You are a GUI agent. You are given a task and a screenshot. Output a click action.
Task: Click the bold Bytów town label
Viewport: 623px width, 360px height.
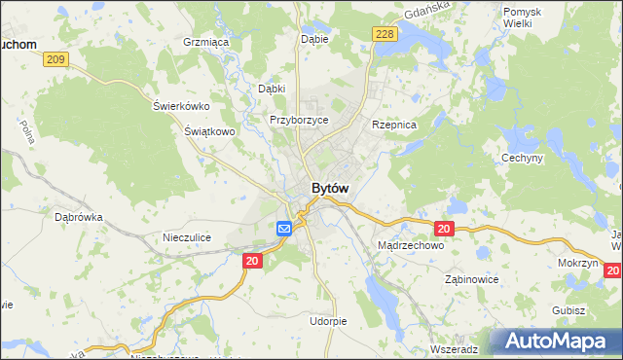[x=330, y=188]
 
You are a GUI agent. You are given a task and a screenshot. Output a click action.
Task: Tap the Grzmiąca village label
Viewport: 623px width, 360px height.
[x=205, y=43]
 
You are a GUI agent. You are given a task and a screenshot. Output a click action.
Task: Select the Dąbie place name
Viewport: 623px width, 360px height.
[x=314, y=39]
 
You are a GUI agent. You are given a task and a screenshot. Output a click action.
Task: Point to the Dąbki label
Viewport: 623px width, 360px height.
[x=271, y=89]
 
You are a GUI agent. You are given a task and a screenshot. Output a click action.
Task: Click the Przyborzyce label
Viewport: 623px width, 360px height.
[x=299, y=120]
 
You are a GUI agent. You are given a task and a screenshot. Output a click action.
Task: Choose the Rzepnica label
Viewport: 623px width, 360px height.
[x=394, y=126]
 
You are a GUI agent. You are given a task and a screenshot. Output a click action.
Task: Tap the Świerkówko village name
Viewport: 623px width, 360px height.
[x=182, y=106]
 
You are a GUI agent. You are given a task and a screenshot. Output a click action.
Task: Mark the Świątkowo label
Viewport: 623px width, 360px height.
[x=210, y=130]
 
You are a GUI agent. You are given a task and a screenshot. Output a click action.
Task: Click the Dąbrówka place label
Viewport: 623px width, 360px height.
[x=79, y=218]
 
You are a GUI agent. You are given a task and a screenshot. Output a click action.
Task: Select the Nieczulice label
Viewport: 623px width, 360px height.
[x=187, y=236]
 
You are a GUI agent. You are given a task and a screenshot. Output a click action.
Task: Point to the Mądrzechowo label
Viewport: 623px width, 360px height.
[x=410, y=246]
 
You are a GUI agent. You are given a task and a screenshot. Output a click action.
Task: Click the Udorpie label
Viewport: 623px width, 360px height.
[x=327, y=320]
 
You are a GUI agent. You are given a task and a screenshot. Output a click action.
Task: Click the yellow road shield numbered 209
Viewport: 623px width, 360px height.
[x=55, y=60]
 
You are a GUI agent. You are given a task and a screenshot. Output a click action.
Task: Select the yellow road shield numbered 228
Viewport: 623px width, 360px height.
[x=384, y=34]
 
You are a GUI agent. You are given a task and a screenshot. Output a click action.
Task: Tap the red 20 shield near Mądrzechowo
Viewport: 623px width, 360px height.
[x=443, y=229]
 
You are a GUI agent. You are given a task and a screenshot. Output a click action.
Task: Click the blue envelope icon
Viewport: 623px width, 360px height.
[x=284, y=229]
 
